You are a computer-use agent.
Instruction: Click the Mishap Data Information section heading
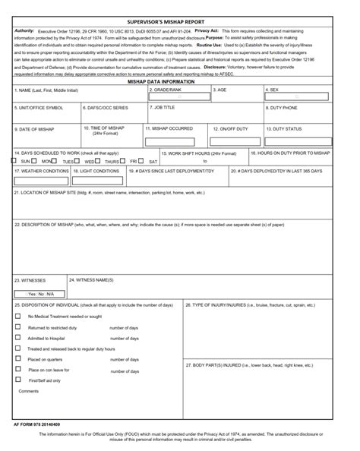180,81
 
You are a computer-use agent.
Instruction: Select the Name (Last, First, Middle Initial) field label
46,90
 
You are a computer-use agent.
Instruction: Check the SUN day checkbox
14,161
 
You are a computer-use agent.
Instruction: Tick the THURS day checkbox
99,161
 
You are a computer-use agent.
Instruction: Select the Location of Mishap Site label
109,193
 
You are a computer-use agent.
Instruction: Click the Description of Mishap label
149,225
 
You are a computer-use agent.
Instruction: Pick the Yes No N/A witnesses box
41,294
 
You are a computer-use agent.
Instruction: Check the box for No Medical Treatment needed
17,316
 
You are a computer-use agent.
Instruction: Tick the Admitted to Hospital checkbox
17,338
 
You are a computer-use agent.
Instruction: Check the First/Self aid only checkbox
17,379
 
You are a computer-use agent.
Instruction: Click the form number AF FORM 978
36,424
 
